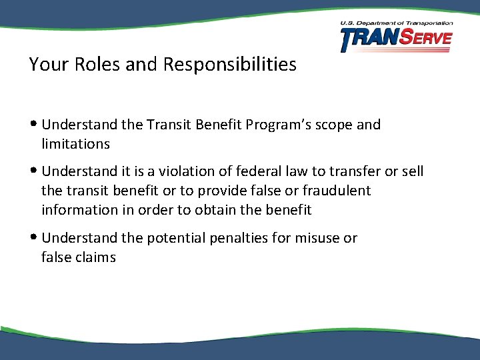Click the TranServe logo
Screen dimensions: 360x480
click(396, 40)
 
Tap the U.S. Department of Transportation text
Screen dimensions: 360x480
click(396, 23)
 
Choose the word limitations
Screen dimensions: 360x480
click(75, 144)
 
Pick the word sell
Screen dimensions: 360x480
click(411, 171)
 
